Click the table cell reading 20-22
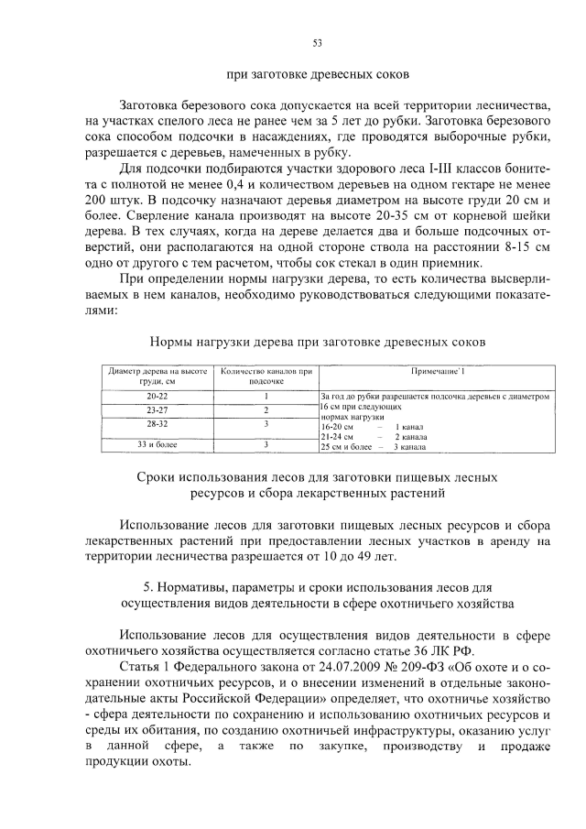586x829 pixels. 157,396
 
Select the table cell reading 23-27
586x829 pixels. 157,409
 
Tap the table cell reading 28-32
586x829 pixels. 157,424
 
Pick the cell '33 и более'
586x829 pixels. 157,444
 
